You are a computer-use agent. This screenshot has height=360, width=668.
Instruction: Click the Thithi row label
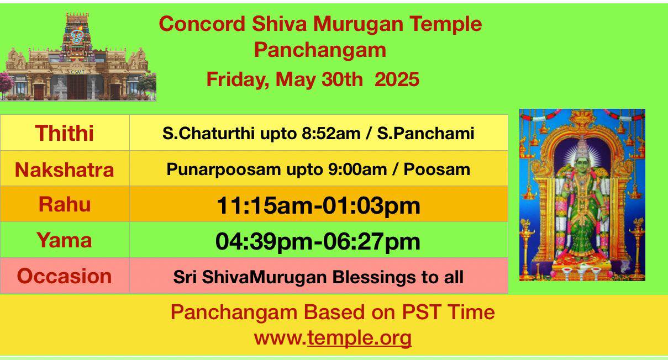(65, 133)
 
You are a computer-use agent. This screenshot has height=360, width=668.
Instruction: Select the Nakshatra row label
(65, 170)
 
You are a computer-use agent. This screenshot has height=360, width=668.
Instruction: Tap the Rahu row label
(65, 204)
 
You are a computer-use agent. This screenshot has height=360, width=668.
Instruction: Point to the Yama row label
(65, 240)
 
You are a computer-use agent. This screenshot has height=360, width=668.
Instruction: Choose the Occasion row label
(65, 276)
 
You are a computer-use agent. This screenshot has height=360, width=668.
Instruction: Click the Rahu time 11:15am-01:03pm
(318, 205)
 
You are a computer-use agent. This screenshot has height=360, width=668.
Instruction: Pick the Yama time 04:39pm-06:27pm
(318, 241)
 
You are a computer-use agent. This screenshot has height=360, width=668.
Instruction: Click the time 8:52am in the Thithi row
(331, 133)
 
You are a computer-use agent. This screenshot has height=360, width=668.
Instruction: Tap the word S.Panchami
(425, 133)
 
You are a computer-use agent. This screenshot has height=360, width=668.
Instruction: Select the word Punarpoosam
(224, 170)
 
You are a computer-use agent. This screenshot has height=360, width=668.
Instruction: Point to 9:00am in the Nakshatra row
(357, 170)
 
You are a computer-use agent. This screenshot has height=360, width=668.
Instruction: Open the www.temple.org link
(333, 338)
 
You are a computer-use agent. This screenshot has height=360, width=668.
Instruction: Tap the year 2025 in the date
(397, 80)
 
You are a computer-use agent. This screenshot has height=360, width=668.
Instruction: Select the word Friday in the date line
(238, 80)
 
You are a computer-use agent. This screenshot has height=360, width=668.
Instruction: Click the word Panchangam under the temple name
(320, 50)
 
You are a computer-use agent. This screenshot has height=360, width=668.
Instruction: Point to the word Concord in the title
(202, 24)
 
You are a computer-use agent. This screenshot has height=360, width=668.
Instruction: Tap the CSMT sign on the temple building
(78, 72)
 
